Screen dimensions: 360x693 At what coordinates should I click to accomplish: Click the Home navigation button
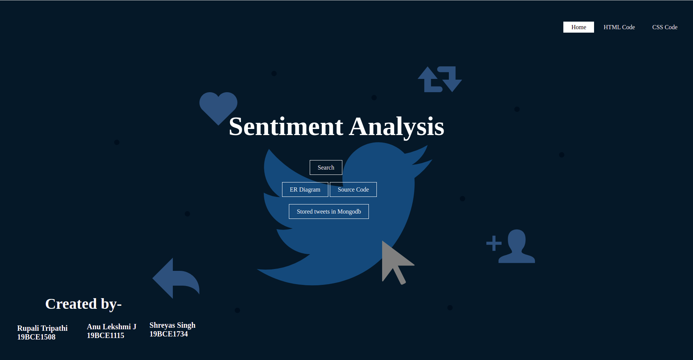(x=579, y=27)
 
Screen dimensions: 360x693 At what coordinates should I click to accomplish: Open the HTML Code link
(x=619, y=27)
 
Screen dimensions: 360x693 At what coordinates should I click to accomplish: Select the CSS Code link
(x=665, y=27)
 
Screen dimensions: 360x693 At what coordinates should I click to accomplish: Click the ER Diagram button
(x=305, y=190)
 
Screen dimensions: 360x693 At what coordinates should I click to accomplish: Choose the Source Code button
(x=353, y=190)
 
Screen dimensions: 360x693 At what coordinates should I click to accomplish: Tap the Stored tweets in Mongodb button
(x=329, y=212)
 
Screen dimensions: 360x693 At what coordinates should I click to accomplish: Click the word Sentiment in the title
(x=286, y=127)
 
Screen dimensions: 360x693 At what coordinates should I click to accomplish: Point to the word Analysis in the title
(x=397, y=127)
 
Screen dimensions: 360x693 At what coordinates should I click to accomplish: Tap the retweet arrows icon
(x=440, y=79)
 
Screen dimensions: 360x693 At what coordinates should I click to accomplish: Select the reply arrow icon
(x=175, y=278)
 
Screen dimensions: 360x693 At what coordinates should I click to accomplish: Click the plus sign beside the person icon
(x=494, y=244)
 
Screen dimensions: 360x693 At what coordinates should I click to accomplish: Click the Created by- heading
(x=83, y=304)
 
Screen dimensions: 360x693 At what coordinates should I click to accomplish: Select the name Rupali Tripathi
(x=42, y=328)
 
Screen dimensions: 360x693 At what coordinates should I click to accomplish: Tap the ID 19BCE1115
(x=105, y=336)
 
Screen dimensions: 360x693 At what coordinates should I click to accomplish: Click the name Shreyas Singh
(x=172, y=325)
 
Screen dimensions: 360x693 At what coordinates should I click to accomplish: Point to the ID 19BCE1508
(x=36, y=337)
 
